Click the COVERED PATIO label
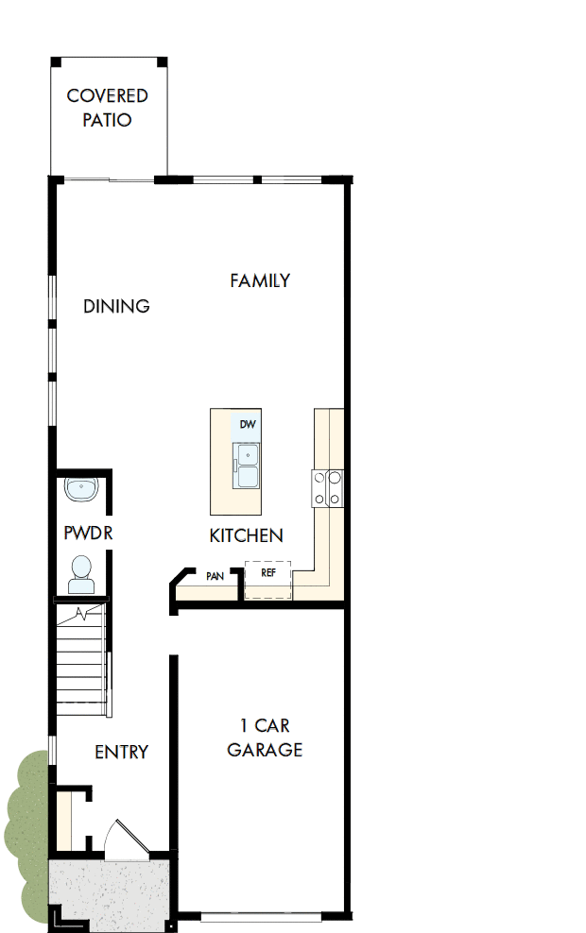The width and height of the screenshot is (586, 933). (107, 108)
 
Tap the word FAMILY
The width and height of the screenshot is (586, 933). (260, 280)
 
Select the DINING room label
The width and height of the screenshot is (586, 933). (116, 306)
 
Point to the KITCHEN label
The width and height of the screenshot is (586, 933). (246, 535)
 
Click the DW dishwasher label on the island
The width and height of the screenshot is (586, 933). (248, 425)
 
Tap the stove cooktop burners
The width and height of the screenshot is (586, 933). (327, 488)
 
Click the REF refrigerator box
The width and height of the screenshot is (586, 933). (267, 578)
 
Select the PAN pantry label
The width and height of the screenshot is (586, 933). (215, 575)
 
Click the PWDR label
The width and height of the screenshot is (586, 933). (88, 533)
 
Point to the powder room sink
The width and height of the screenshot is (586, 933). (81, 490)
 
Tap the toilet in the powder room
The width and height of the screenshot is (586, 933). (81, 573)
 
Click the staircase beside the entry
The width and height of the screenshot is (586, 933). (80, 661)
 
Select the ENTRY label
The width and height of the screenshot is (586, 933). (121, 752)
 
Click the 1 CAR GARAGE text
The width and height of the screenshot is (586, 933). (265, 738)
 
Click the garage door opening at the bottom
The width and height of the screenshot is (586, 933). (267, 916)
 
